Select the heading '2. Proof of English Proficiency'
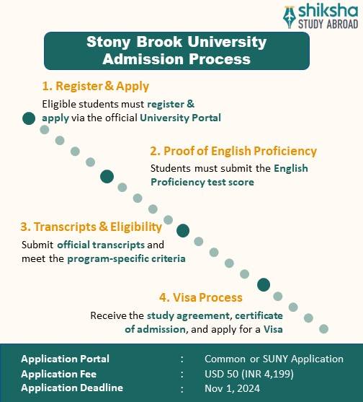pyautogui.click(x=233, y=151)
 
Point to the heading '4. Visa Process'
pyautogui.click(x=201, y=297)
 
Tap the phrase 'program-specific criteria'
pyautogui.click(x=126, y=258)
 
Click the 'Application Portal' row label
pyautogui.click(x=66, y=359)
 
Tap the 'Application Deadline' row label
pyautogui.click(x=72, y=388)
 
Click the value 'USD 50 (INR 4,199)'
pyautogui.click(x=249, y=373)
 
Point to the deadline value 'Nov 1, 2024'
pyautogui.click(x=231, y=388)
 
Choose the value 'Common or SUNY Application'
pyautogui.click(x=274, y=359)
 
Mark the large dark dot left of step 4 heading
pyautogui.click(x=264, y=284)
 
